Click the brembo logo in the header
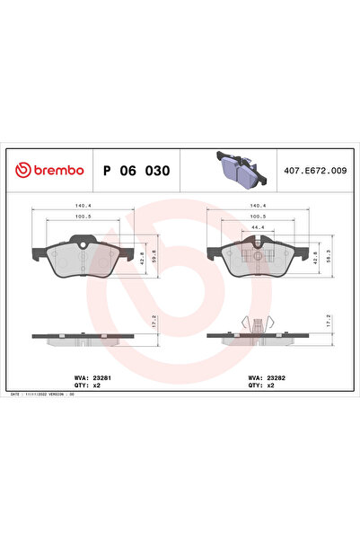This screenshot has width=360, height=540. click(x=48, y=170)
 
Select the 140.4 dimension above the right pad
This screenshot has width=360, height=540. click(x=258, y=206)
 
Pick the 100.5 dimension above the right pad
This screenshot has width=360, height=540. click(x=258, y=217)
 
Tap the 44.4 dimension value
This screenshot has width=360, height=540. click(x=258, y=228)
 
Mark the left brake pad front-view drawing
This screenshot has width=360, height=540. click(x=82, y=257)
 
